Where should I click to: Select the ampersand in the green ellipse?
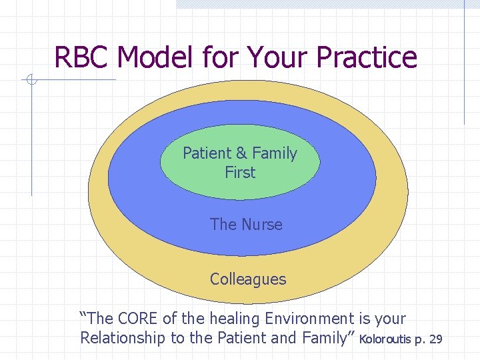(240, 153)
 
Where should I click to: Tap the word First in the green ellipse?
(240, 172)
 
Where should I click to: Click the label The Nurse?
(246, 225)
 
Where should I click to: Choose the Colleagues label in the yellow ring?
(247, 279)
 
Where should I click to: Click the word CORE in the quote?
(135, 319)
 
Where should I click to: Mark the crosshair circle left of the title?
(31, 81)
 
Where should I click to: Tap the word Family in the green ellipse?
(274, 153)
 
